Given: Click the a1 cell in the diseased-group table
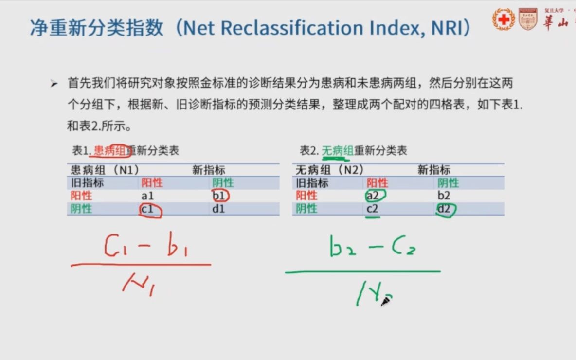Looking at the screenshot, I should (147, 196).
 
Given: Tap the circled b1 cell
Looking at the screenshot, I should (220, 196).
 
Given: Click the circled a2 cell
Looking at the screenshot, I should (374, 196).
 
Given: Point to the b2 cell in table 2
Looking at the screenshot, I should (444, 196).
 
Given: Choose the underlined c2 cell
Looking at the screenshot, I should (373, 209).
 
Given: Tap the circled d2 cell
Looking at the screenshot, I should (445, 209).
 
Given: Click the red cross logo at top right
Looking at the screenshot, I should (504, 19).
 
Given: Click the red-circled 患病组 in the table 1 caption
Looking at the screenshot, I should (110, 151).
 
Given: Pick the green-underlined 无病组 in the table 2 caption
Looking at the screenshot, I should (337, 151).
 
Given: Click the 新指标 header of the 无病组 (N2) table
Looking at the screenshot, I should (433, 170).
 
